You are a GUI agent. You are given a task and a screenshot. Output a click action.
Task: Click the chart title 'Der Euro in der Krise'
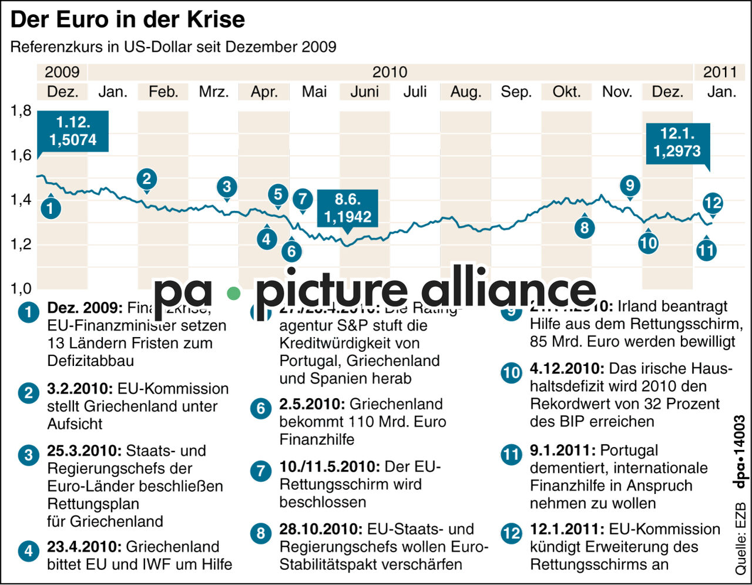127,20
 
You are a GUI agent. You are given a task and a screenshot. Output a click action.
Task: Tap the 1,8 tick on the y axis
21,111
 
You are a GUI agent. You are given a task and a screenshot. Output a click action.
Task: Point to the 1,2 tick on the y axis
21,244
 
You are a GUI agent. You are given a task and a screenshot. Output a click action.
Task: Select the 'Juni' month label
364,92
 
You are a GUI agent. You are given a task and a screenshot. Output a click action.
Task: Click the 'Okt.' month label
566,92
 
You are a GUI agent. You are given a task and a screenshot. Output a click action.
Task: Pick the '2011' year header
720,72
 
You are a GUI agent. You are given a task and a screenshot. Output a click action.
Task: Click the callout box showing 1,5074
73,132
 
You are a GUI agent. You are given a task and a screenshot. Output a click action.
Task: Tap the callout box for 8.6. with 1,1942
348,209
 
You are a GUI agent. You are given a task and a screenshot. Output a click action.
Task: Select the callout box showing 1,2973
677,143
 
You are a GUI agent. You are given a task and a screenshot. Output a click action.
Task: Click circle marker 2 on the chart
147,179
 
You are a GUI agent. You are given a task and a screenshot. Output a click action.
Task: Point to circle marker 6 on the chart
291,251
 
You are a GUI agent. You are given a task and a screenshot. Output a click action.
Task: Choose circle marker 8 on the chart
584,227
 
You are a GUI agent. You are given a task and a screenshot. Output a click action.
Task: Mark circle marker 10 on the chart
648,243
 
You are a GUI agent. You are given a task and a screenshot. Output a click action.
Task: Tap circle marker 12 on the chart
713,203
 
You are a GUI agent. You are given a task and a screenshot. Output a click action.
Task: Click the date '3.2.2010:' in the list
80,389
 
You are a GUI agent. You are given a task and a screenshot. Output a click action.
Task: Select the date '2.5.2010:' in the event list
312,404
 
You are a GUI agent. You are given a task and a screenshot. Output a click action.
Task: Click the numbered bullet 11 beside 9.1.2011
511,455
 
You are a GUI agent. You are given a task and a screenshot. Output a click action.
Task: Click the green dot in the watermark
234,293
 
